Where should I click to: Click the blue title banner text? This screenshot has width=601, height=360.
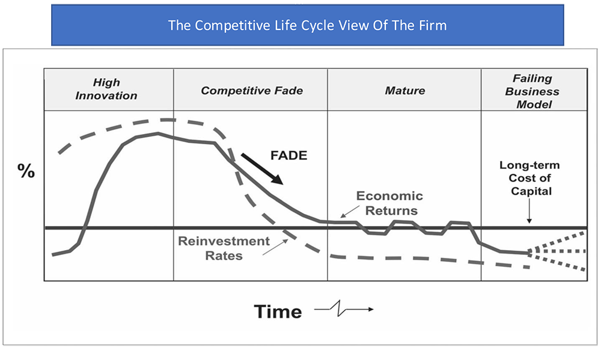pyautogui.click(x=307, y=25)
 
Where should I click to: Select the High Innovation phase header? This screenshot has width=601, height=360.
pyautogui.click(x=106, y=89)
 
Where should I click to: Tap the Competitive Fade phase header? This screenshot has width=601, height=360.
pyautogui.click(x=252, y=91)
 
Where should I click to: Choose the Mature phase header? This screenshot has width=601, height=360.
pyautogui.click(x=404, y=91)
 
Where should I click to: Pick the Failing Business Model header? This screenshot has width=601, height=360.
pyautogui.click(x=532, y=91)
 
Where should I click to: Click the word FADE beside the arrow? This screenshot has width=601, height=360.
pyautogui.click(x=289, y=155)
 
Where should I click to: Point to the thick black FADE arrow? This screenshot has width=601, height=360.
pyautogui.click(x=262, y=169)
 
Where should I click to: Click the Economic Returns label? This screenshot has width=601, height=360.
pyautogui.click(x=390, y=203)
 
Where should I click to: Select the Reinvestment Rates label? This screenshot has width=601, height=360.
pyautogui.click(x=224, y=248)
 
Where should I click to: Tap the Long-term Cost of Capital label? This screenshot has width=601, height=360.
pyautogui.click(x=529, y=178)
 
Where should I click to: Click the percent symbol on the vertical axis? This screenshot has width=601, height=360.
pyautogui.click(x=26, y=171)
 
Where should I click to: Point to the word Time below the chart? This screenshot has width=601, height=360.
pyautogui.click(x=278, y=311)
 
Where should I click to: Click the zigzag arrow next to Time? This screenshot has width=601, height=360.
pyautogui.click(x=344, y=309)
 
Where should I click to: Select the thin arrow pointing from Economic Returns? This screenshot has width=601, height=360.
pyautogui.click(x=350, y=212)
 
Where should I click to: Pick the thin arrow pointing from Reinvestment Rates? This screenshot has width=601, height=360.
pyautogui.click(x=275, y=247)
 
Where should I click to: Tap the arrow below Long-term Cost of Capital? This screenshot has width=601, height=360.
pyautogui.click(x=529, y=210)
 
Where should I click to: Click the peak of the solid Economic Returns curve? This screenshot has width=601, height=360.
pyautogui.click(x=158, y=133)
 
